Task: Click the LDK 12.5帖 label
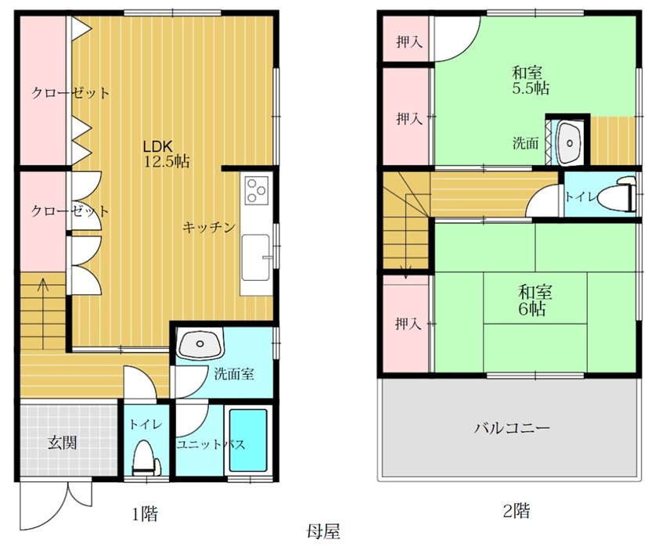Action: (166, 153)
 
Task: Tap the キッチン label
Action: (209, 227)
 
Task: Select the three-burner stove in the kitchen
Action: (257, 190)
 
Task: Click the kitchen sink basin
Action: (256, 257)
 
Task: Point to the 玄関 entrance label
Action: (63, 442)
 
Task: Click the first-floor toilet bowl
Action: (146, 459)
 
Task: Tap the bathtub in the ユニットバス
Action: (248, 440)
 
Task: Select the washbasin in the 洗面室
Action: (200, 344)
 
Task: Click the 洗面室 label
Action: (234, 373)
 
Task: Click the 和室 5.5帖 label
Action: (531, 81)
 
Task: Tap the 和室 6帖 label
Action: (534, 300)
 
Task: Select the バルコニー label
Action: (512, 428)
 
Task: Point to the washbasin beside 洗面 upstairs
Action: (569, 143)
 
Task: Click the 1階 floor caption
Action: (145, 513)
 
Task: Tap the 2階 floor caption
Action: (516, 510)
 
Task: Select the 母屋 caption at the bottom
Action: (323, 531)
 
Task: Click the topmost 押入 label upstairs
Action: (409, 41)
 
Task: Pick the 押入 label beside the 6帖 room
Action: (408, 323)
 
